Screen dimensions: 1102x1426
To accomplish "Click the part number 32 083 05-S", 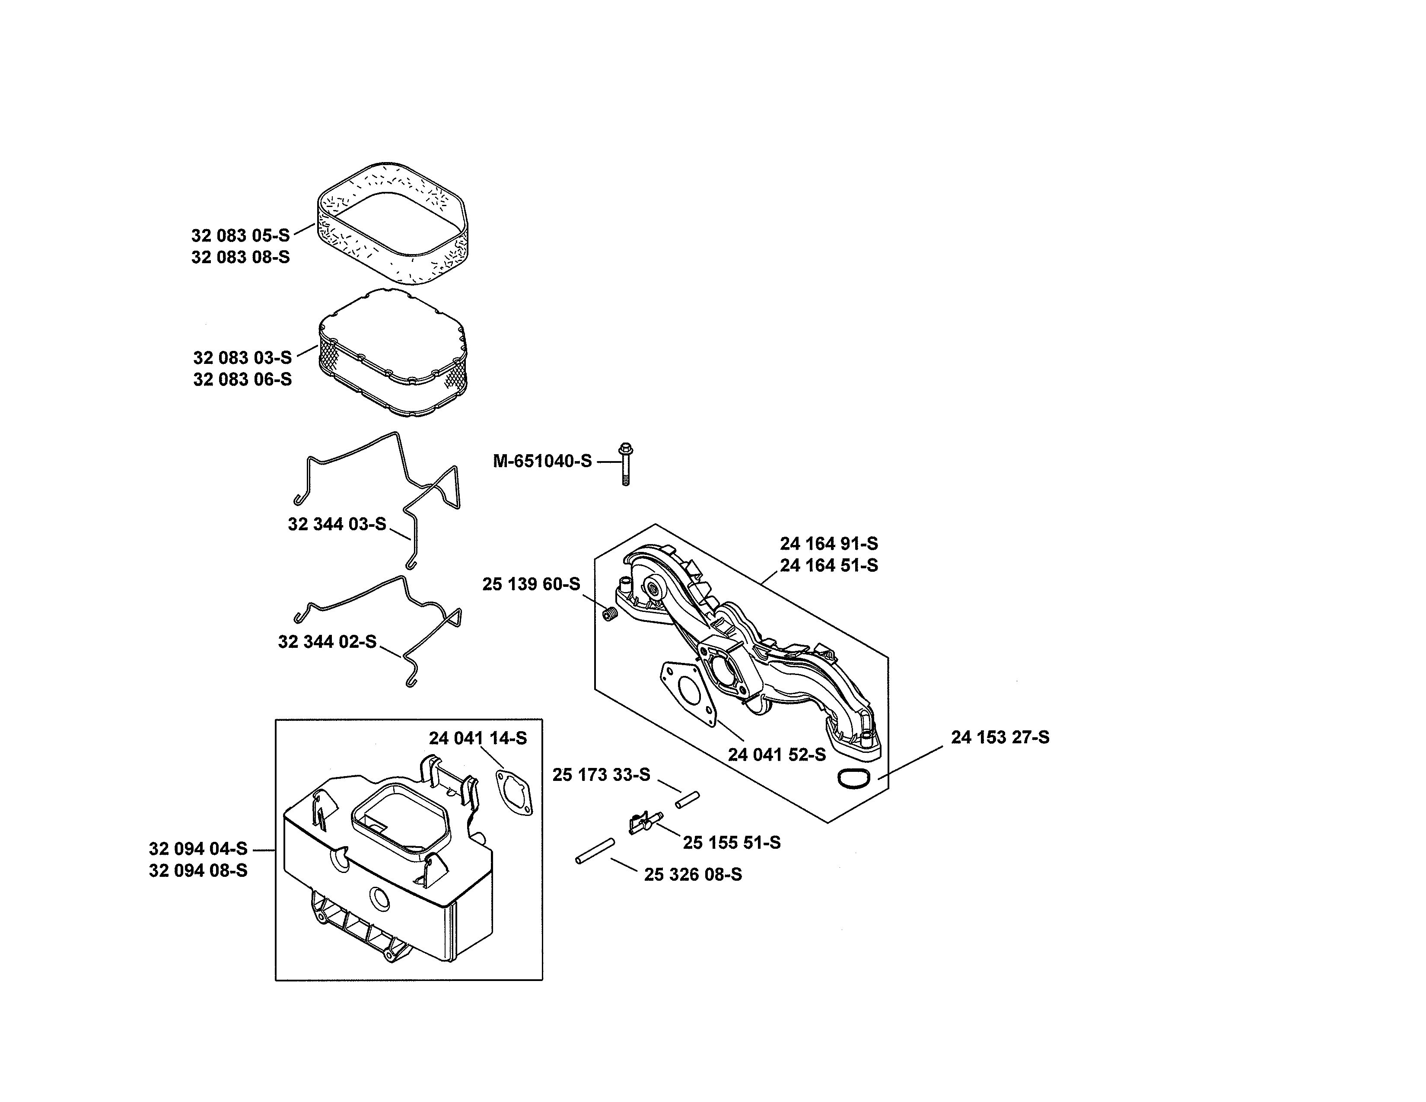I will [x=240, y=236].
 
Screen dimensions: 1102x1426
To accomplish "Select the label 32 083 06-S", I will [x=242, y=379].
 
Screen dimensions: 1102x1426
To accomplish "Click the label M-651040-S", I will [x=542, y=462].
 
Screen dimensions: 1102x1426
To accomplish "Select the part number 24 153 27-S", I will [x=999, y=737].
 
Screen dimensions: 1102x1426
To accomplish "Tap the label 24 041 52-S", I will [x=777, y=755].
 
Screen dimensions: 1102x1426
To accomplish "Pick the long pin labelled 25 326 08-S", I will [x=595, y=851].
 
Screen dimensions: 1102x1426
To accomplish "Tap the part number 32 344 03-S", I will [x=337, y=524].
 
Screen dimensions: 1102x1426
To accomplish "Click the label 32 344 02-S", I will [x=327, y=642].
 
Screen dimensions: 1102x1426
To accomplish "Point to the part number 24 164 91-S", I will [x=828, y=544].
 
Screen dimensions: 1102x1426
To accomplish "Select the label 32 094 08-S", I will [x=198, y=871].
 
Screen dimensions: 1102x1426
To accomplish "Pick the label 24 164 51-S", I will [x=828, y=565].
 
